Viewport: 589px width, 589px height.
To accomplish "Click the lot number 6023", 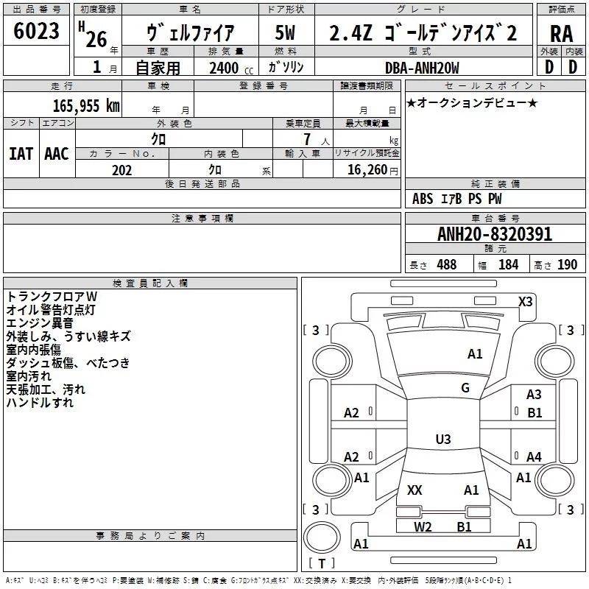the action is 37,32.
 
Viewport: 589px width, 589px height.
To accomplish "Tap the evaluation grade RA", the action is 561,33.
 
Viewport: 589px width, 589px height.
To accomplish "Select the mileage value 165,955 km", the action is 86,106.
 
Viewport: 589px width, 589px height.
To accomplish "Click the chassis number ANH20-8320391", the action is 494,235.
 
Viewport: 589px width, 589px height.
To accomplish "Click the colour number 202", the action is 121,170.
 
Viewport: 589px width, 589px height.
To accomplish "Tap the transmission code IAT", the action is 21,153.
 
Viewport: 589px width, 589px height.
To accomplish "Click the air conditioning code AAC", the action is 56,153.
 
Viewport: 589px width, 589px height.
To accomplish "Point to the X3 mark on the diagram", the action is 526,301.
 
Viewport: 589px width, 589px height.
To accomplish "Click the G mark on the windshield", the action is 465,387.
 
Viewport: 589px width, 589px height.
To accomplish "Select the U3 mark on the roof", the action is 442,440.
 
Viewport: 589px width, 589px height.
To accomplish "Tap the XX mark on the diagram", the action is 415,490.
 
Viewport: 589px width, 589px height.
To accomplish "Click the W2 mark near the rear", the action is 423,526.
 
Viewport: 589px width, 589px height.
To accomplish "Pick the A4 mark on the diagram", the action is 534,457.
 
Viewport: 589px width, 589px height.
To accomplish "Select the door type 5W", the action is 286,33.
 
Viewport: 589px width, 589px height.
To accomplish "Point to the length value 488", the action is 446,264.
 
